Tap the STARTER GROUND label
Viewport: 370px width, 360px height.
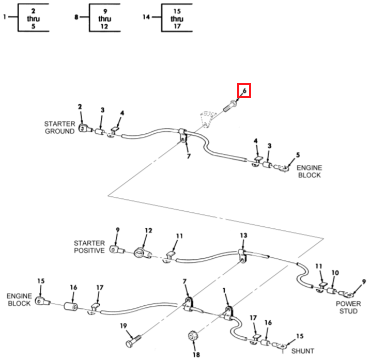tap(59, 128)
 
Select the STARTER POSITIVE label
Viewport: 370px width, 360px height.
tap(89, 246)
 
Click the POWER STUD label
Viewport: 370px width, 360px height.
tap(348, 307)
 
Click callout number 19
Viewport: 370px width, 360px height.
tap(123, 325)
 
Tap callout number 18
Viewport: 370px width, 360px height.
tap(196, 355)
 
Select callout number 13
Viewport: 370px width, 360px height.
tap(243, 235)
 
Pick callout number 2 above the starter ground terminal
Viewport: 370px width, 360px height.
tap(80, 107)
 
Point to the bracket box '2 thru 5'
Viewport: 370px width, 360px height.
tap(34, 18)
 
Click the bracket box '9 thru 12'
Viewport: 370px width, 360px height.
tap(105, 18)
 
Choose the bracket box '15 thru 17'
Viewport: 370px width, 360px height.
tap(177, 18)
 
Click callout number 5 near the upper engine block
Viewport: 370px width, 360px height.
tap(297, 155)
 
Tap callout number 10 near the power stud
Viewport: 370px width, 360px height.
tap(335, 273)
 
